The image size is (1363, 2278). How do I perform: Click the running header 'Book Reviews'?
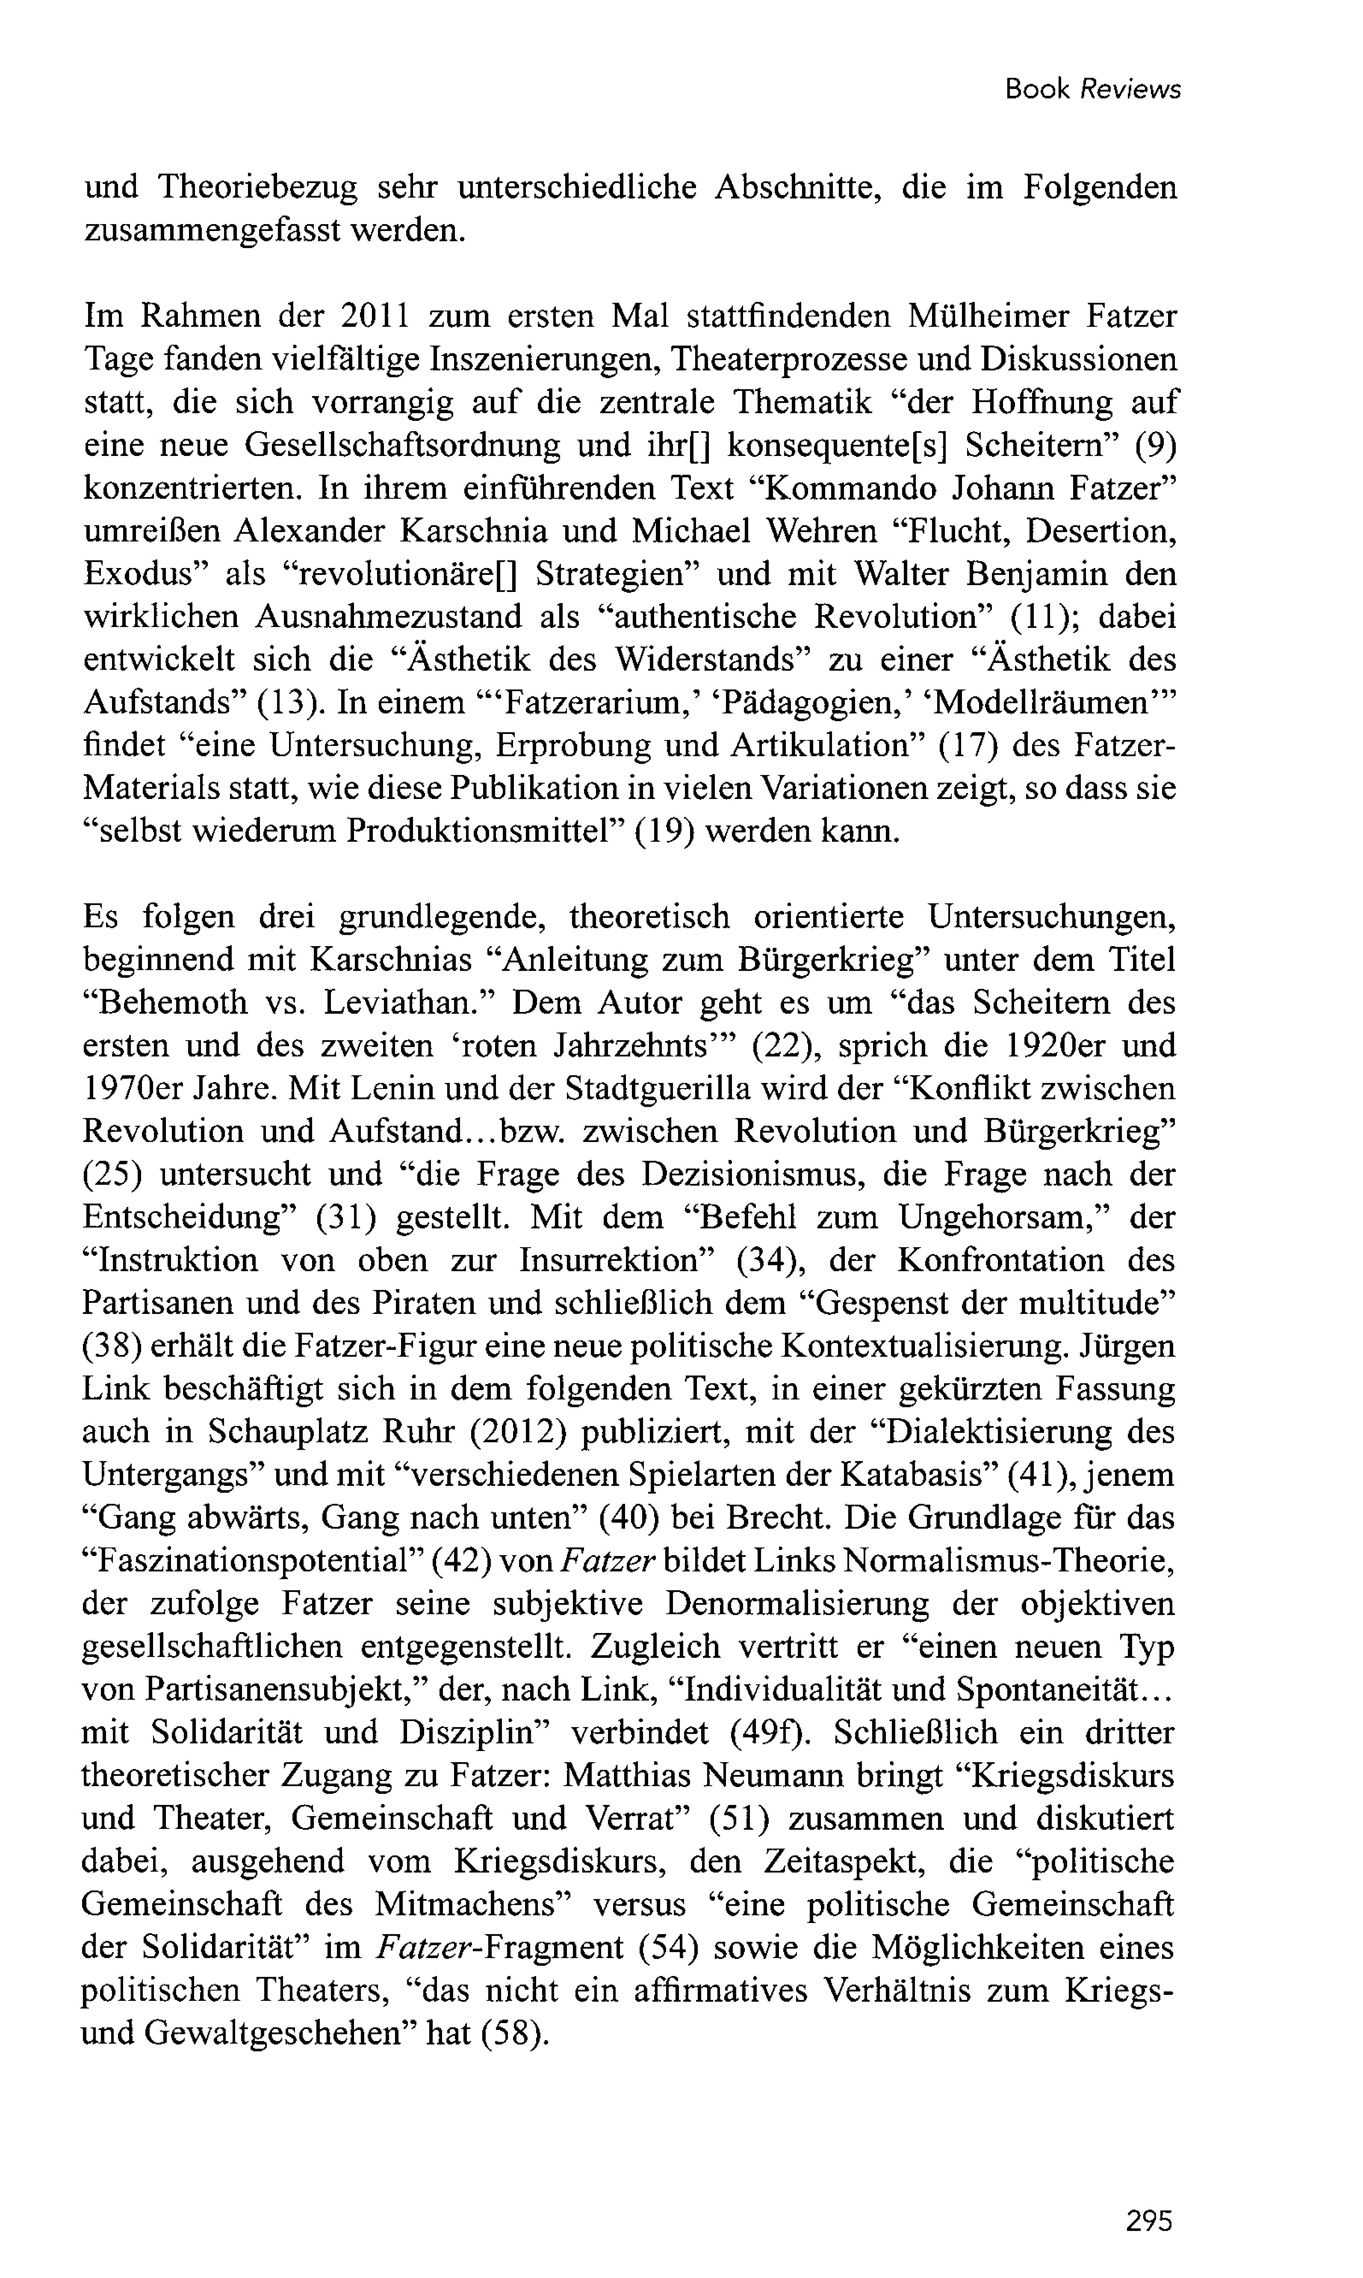pyautogui.click(x=1092, y=89)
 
